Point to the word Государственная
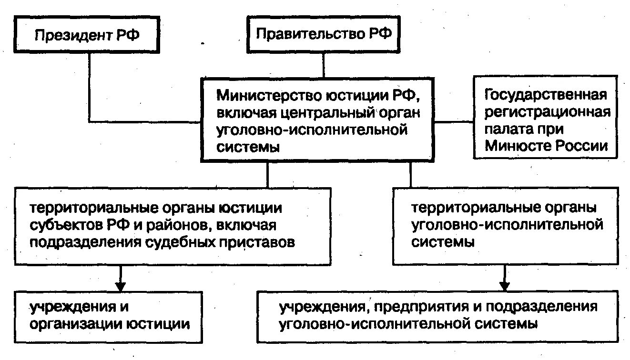tap(546, 95)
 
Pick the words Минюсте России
tap(546, 146)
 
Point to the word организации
tap(75, 324)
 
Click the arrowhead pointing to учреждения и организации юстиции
tap(120, 286)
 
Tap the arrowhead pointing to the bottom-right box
tap(505, 286)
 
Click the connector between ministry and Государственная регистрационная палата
tap(455, 121)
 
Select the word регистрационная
tap(547, 112)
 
